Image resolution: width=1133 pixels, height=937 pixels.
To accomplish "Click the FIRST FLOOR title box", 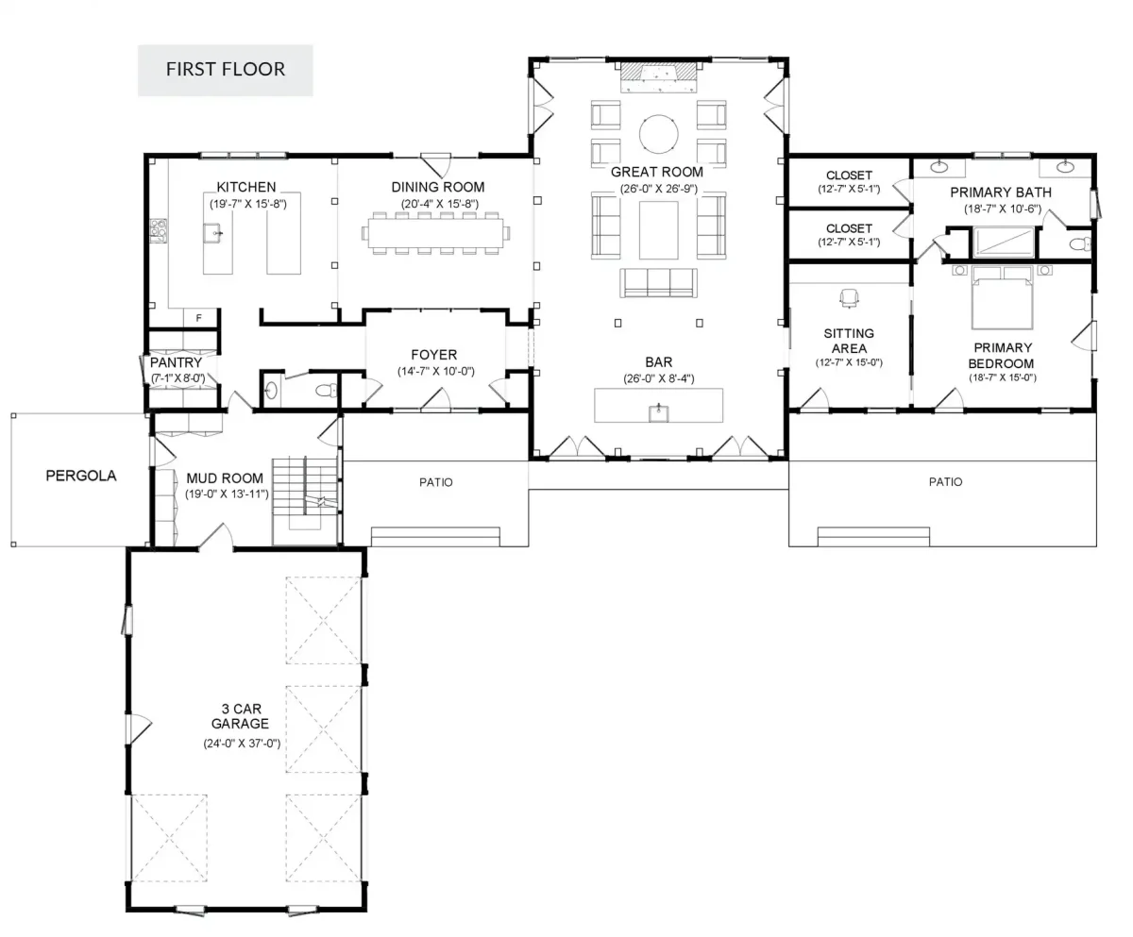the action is [226, 71].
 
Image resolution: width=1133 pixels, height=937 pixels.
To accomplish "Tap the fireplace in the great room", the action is [658, 77].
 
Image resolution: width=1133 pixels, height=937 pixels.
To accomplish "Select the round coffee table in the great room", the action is [658, 134].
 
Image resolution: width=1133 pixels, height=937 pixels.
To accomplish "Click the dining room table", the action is [435, 233].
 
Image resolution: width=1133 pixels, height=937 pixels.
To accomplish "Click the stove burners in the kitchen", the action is [159, 230].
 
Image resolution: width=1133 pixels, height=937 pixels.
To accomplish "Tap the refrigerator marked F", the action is [198, 318].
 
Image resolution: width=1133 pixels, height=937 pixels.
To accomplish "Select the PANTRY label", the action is [176, 362].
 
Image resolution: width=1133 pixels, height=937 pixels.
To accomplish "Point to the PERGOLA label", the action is [81, 476].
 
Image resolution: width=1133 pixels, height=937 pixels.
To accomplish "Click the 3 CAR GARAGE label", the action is [241, 716].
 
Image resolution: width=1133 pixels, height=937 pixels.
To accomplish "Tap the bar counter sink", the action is [659, 412].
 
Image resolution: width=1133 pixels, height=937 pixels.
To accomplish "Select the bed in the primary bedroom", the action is [1002, 297].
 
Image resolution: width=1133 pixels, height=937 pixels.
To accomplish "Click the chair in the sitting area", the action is [849, 297].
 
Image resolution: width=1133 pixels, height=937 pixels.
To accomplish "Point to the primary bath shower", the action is [1004, 242].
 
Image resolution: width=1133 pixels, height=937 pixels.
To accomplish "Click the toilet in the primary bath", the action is [1080, 244].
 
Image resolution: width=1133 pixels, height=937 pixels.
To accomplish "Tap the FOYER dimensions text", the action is [435, 372].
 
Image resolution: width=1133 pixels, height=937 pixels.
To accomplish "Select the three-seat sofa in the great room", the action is [659, 282].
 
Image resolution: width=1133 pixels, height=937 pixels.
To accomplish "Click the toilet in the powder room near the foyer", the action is [326, 390].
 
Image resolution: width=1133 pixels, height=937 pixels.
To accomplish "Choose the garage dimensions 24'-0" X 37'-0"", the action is [242, 744].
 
